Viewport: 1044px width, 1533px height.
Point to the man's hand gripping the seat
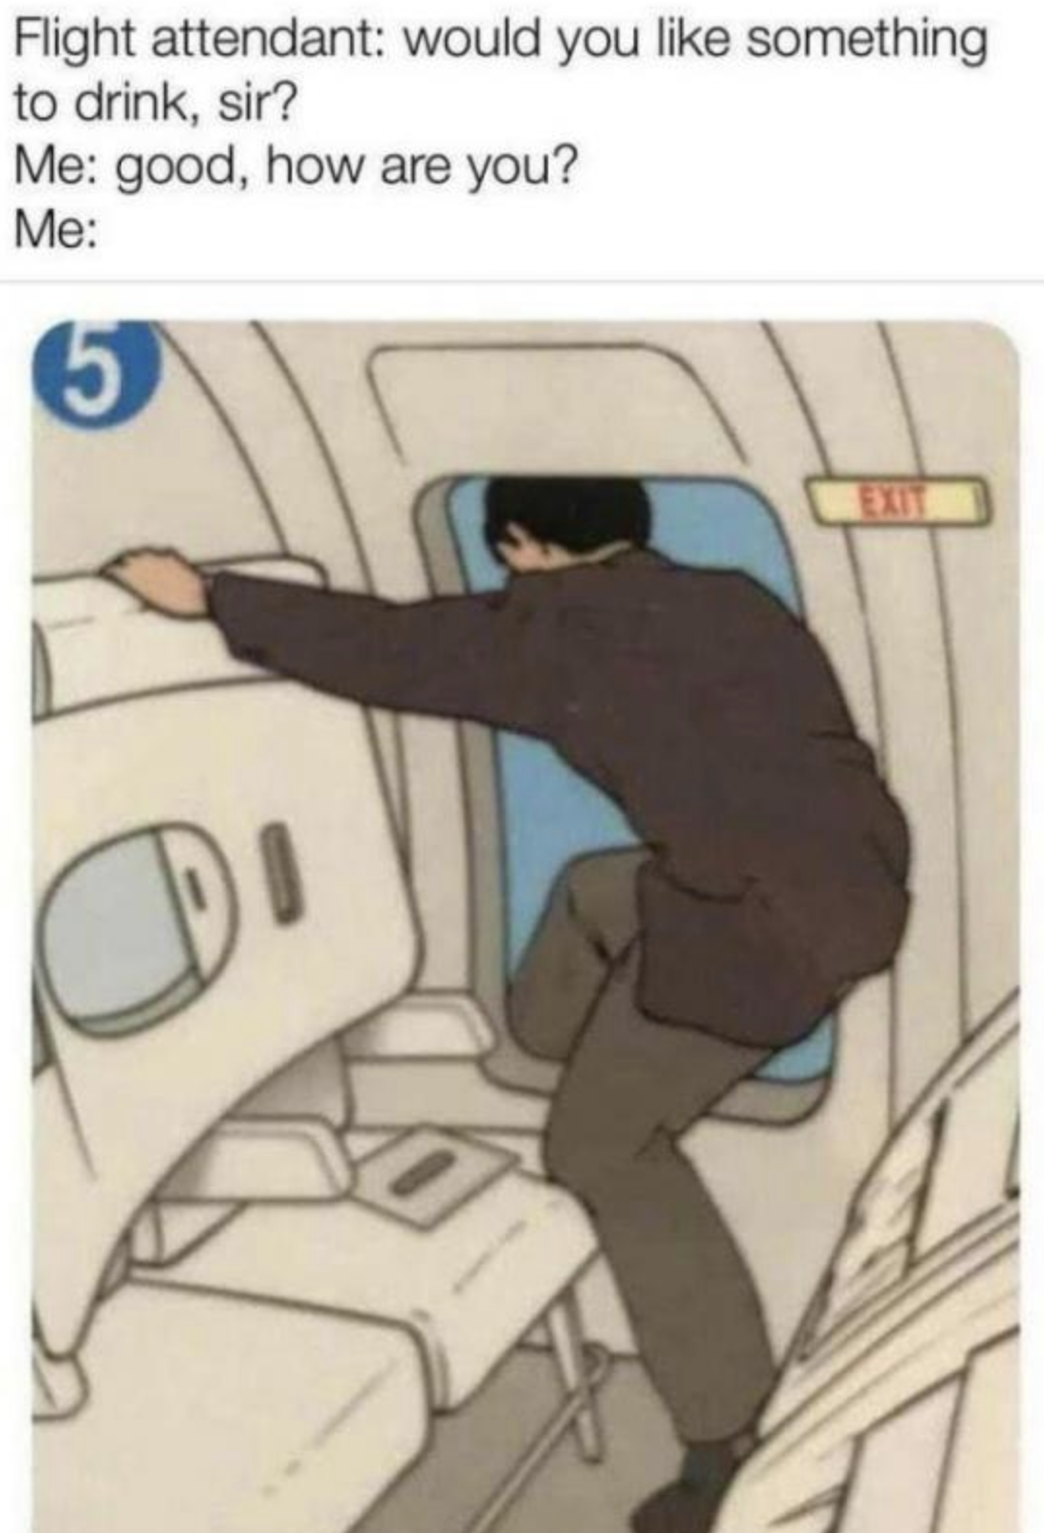[154, 578]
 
